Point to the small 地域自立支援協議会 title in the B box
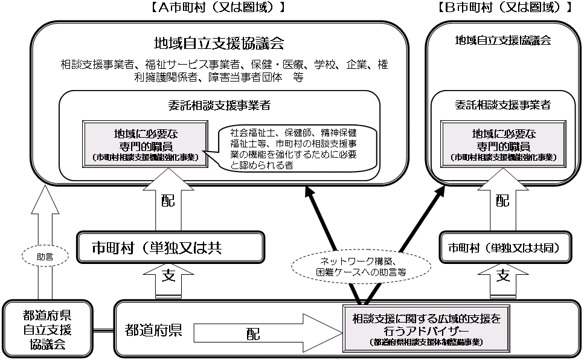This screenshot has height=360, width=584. (502, 40)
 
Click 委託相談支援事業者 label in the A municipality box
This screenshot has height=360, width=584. (219, 105)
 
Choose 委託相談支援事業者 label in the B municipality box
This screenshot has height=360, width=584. (502, 105)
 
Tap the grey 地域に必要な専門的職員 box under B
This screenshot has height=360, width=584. (502, 144)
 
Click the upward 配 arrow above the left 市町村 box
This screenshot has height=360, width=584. (168, 199)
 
